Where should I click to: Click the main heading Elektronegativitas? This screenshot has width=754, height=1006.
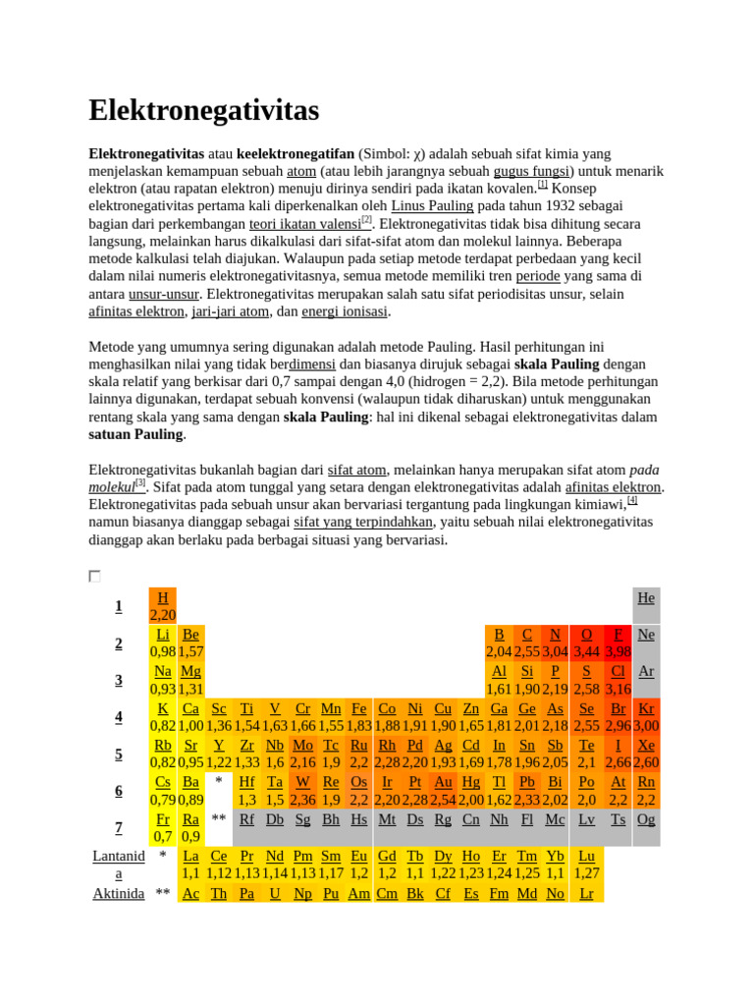click(x=204, y=111)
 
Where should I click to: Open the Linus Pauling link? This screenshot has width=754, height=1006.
click(x=432, y=206)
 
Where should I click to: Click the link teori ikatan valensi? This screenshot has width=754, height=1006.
click(x=304, y=224)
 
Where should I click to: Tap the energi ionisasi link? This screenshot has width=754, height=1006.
click(x=345, y=311)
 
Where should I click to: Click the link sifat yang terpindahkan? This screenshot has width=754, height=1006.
click(x=363, y=522)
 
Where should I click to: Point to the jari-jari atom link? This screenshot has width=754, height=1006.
click(x=230, y=311)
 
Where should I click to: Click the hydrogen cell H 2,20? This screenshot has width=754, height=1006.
click(x=163, y=606)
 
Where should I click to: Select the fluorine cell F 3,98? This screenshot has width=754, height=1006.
click(x=619, y=643)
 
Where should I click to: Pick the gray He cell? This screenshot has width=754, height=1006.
click(x=646, y=605)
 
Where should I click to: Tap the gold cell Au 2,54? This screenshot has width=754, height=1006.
click(x=444, y=790)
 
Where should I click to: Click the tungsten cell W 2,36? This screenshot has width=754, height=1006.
click(x=302, y=790)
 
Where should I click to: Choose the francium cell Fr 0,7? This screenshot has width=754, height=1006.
click(x=163, y=827)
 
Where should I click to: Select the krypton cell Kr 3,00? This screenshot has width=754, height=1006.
click(x=646, y=716)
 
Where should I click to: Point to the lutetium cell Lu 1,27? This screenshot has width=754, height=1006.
click(x=586, y=864)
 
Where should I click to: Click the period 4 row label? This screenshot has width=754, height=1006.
click(x=119, y=716)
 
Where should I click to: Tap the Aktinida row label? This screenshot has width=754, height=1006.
click(x=119, y=893)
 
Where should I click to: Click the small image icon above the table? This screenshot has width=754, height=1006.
click(x=94, y=576)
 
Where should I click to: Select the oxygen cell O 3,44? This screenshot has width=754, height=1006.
click(x=586, y=643)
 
